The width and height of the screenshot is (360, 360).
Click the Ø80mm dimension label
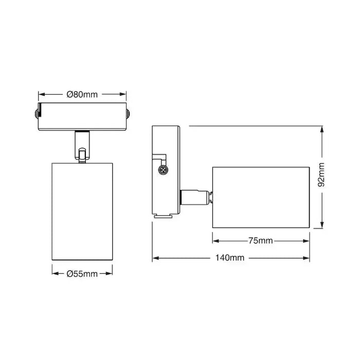(x=82, y=94)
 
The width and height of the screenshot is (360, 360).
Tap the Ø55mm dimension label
(x=82, y=274)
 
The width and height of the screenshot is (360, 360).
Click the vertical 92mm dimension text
(x=321, y=175)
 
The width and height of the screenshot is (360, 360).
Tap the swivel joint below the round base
(x=82, y=147)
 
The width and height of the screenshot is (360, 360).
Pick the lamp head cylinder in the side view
(x=261, y=196)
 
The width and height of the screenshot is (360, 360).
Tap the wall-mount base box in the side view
(x=166, y=170)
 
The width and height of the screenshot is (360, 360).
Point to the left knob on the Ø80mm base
(x=37, y=113)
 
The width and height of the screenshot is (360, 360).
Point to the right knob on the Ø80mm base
(x=128, y=113)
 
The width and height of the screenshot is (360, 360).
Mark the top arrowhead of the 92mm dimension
(x=321, y=129)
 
